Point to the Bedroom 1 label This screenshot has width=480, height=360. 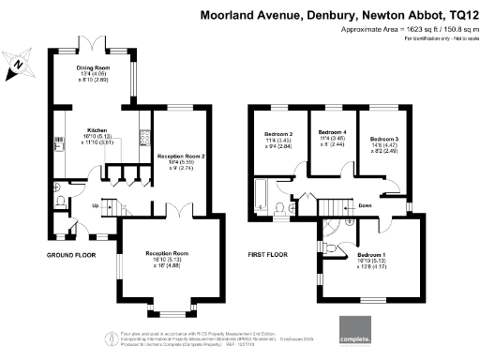point(371,254)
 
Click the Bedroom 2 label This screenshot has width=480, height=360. point(279,134)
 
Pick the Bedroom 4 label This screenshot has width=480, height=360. point(332,132)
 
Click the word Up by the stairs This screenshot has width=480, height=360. point(94,206)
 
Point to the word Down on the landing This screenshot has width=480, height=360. point(364,206)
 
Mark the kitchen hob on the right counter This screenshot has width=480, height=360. point(145,137)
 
